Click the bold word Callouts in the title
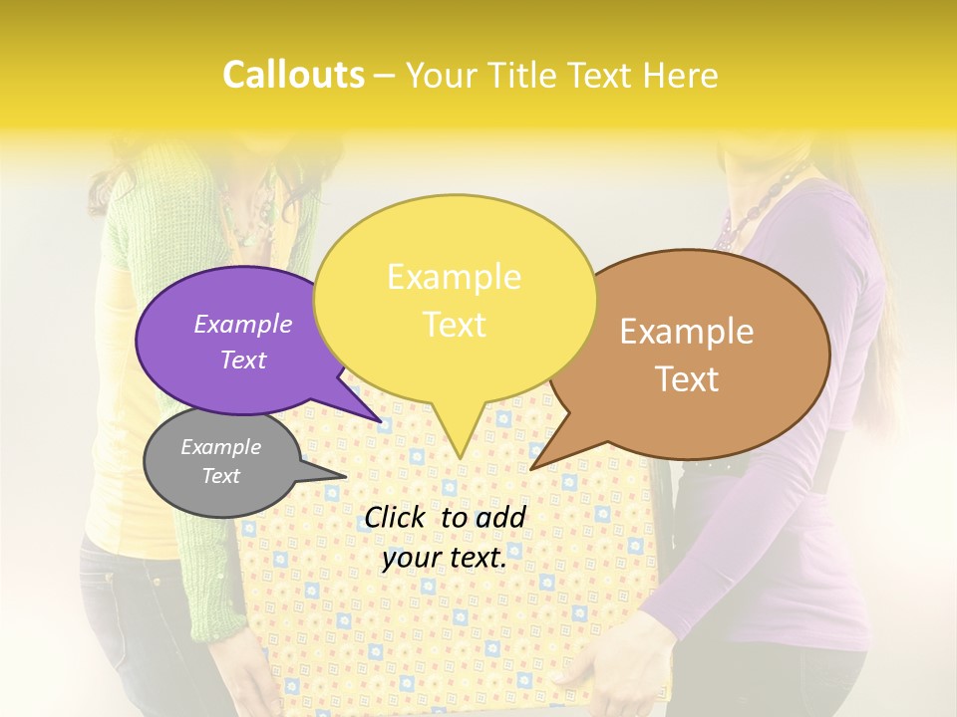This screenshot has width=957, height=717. click(x=293, y=76)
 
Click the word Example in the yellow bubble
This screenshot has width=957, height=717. click(x=454, y=277)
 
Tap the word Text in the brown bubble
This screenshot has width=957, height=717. click(x=687, y=379)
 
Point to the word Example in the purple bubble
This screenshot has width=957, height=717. click(x=243, y=325)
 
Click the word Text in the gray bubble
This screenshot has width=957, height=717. click(x=221, y=476)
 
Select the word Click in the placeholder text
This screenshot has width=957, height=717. click(x=397, y=517)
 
